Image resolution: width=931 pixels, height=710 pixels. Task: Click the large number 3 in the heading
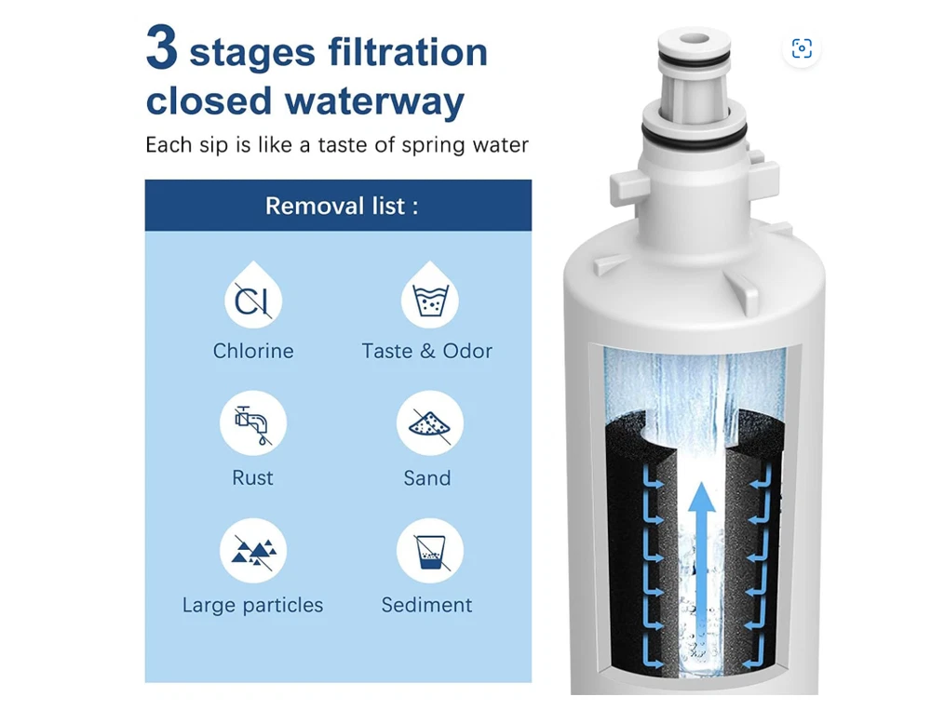[x=162, y=47]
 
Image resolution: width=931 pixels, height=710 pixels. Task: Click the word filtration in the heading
[x=408, y=52]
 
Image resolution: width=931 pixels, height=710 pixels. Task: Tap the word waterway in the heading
[x=374, y=101]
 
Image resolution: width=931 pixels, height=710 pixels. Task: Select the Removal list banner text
[x=342, y=206]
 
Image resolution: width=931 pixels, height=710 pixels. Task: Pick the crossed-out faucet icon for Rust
[x=253, y=423]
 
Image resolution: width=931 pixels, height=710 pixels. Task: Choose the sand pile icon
[x=430, y=423]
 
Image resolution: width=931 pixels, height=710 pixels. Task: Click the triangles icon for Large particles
[x=253, y=551]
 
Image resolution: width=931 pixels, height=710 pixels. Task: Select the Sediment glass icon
[x=430, y=551]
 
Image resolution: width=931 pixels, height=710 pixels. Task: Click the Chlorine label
[x=253, y=351]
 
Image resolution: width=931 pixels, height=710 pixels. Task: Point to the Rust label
[x=252, y=478]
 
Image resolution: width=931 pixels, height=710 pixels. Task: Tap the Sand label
[x=427, y=478]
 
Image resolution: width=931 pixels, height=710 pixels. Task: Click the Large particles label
[x=252, y=605]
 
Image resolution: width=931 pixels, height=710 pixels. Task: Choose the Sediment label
[x=427, y=605]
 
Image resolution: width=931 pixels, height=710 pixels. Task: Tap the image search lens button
[x=802, y=48]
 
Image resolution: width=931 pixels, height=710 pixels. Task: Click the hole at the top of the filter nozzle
[x=695, y=39]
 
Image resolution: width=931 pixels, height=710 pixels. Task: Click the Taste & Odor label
[x=427, y=351]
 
